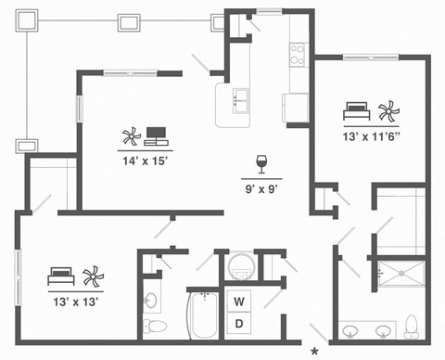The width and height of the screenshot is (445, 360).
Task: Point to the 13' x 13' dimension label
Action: pos(74,300)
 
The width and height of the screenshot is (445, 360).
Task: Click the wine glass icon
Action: pos(261,164)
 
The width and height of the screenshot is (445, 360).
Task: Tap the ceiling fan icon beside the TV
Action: pos(129,138)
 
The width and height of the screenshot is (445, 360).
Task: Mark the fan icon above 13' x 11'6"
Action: pos(388,112)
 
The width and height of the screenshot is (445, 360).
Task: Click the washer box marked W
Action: pos(238,302)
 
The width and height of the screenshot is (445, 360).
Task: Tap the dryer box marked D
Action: pos(238,324)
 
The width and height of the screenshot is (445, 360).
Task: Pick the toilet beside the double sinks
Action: pos(411,327)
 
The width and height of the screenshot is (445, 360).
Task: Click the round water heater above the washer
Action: pos(239,266)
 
